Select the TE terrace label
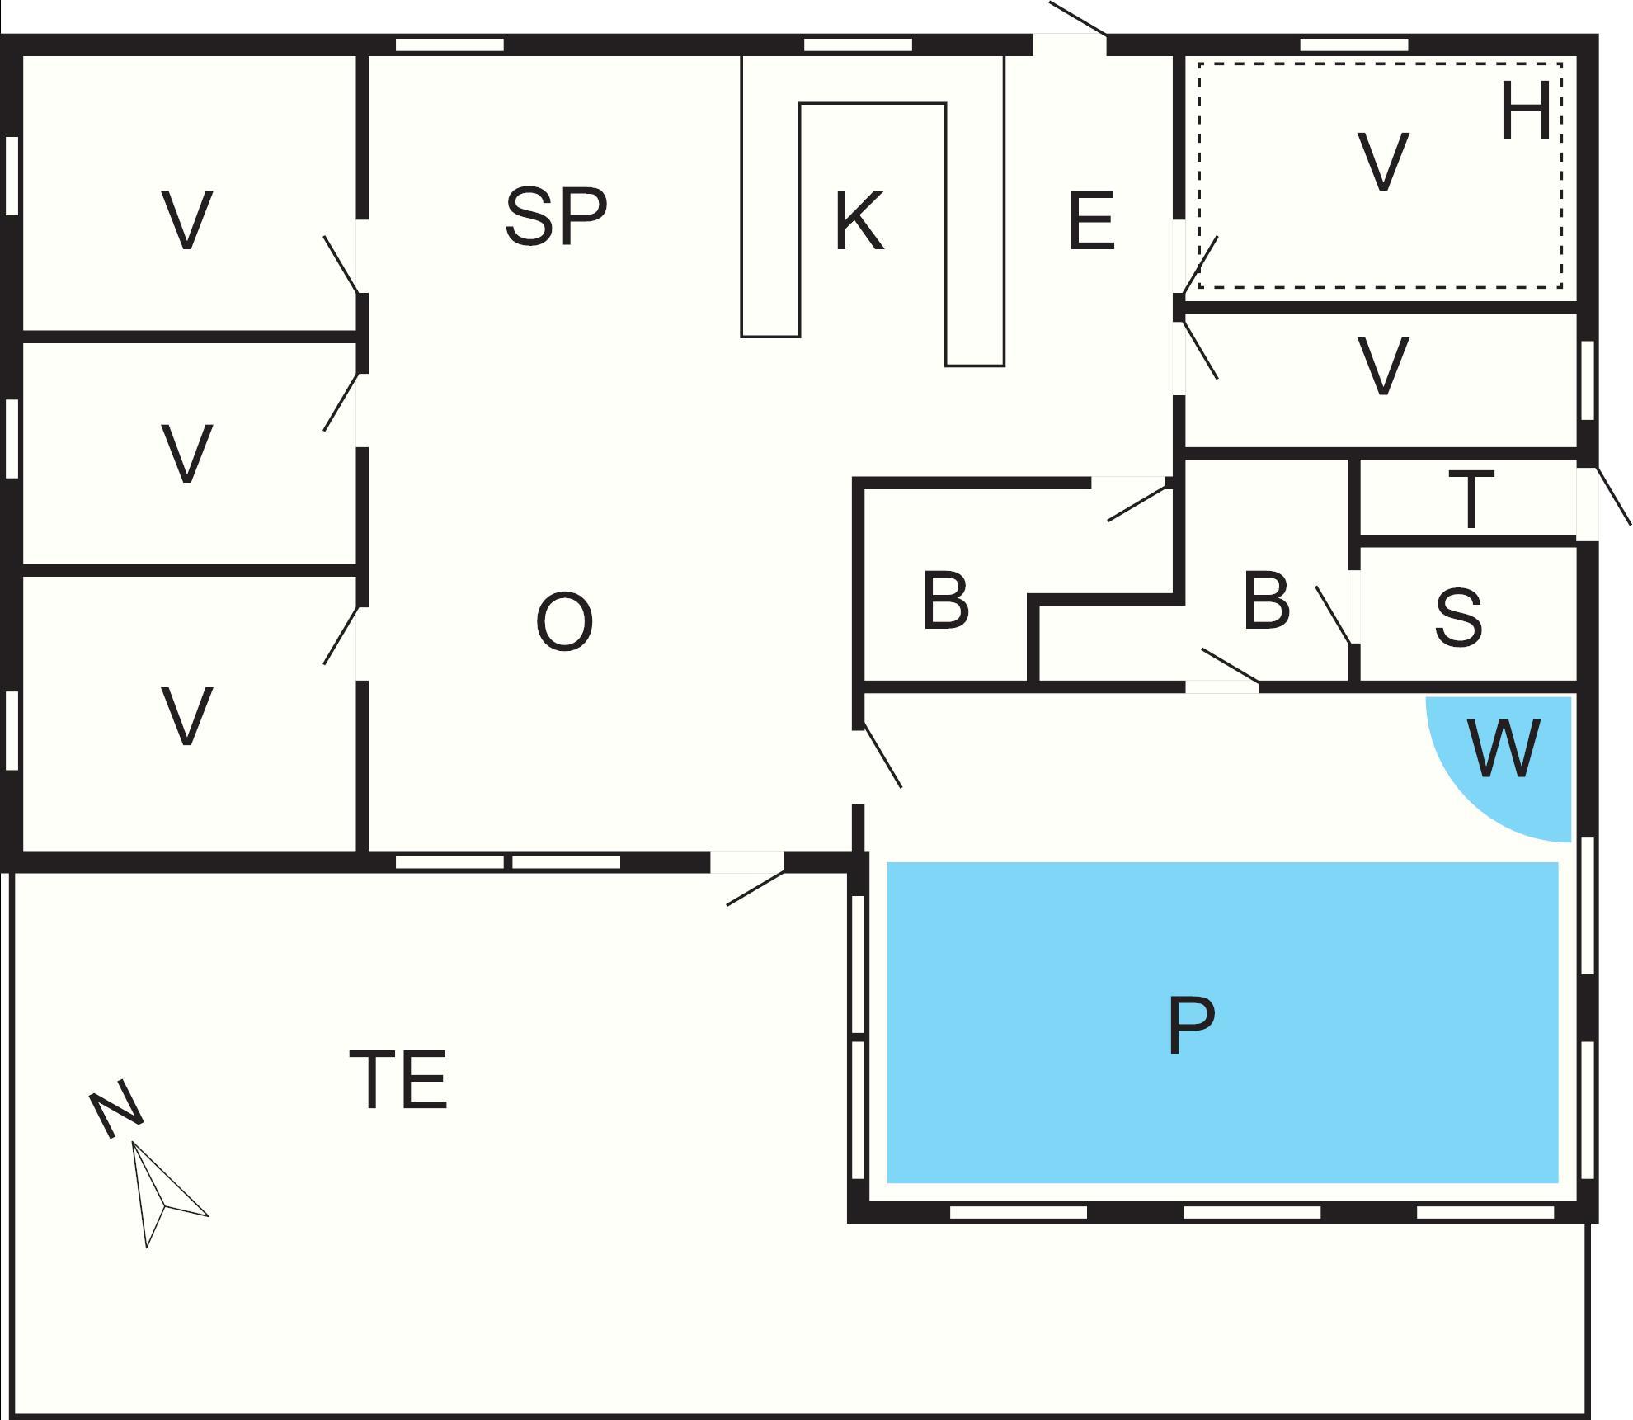[398, 1080]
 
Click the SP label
[555, 217]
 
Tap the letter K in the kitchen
[859, 221]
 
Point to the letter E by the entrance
[1090, 221]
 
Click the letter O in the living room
[564, 623]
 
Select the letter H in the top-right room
[1525, 112]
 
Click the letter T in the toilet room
[1471, 500]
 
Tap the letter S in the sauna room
[1458, 616]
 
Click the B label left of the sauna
[1265, 601]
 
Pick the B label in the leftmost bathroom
[945, 601]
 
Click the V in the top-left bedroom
[187, 219]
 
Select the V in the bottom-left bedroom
[187, 716]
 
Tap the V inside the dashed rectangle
[1382, 162]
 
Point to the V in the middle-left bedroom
[187, 453]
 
